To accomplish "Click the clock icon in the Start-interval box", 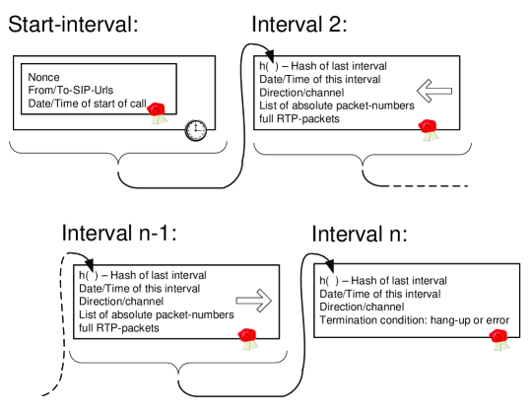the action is coord(196,130).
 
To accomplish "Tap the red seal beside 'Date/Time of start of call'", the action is coord(157,113).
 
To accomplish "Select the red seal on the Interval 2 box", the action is coord(429,130).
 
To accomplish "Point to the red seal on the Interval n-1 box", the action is coord(248,339).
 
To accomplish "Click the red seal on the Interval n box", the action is coord(499,340).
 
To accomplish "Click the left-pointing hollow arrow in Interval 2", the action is coord(434,91).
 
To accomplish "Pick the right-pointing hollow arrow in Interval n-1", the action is coord(254,301).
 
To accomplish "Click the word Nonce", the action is coord(43,77).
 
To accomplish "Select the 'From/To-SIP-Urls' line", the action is coord(71,90).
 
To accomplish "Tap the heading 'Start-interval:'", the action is coord(73,25).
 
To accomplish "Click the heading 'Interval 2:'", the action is coord(299,25).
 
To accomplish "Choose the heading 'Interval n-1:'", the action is coord(119,234).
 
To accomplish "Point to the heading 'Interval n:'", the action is coord(360,234).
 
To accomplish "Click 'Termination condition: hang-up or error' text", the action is coord(414,320).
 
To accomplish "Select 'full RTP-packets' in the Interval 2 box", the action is coord(299,118).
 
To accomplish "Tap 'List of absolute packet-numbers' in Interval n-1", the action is coord(157,314).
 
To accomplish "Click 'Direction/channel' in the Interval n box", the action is coord(362,308).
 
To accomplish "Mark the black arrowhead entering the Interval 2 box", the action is coord(270,55).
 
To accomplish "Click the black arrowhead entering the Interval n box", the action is coord(329,266).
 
